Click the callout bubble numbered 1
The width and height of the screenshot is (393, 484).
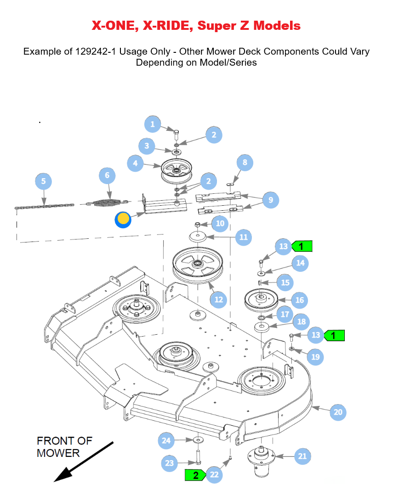(153, 124)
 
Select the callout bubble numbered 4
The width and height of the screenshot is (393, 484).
(136, 163)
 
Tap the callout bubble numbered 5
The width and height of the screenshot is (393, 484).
(44, 181)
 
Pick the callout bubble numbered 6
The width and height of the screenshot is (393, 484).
(108, 175)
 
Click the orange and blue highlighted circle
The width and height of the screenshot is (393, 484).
(123, 219)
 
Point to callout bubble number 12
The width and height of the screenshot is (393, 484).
(218, 299)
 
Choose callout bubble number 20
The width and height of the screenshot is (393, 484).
(338, 412)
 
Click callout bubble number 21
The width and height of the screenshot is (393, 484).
(302, 456)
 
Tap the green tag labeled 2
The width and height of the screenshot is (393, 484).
(195, 475)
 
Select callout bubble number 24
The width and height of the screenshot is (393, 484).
(166, 441)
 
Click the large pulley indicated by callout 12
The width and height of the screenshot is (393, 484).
(198, 266)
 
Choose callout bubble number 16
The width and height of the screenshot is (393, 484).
(299, 300)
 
